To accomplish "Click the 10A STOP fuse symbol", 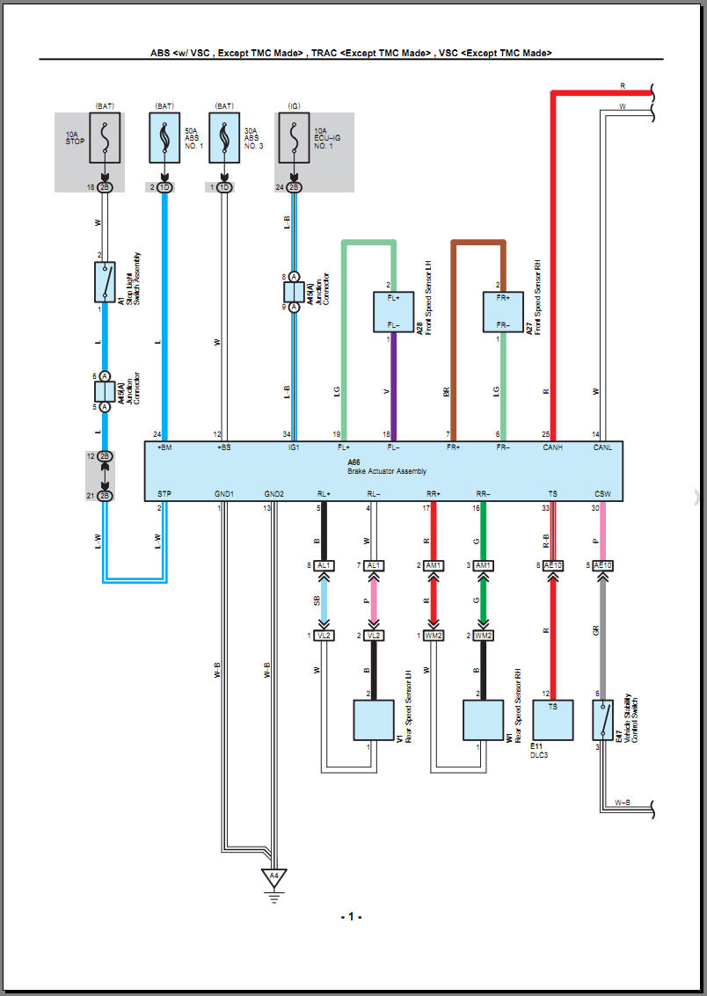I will (105, 137).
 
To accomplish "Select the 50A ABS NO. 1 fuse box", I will (164, 137).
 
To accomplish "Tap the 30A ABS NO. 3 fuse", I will (224, 137).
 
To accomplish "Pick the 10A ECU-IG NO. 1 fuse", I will (294, 137).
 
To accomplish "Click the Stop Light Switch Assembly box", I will (105, 282).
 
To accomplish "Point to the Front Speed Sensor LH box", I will (393, 312).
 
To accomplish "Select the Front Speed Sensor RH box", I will (502, 312).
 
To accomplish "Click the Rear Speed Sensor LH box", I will (373, 721).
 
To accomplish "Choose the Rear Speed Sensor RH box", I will (483, 721).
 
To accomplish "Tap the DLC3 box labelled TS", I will (552, 720).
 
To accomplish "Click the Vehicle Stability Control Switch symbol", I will (604, 720).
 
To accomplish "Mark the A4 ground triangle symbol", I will (273, 876).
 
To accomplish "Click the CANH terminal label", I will (552, 447).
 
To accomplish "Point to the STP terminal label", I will (164, 494).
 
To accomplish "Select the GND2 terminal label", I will (273, 494).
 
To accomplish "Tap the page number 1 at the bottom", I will (352, 916).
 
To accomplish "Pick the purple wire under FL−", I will (393, 387).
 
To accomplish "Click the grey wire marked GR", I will (602, 633).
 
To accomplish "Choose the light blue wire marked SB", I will (324, 602).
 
